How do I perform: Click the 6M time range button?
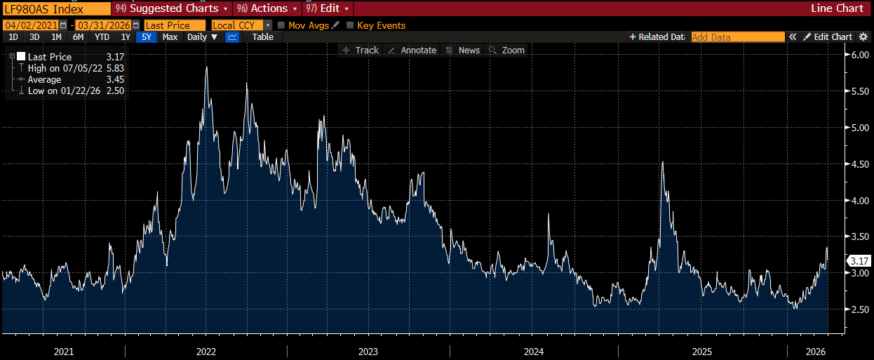[x=78, y=37]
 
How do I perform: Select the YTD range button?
[x=102, y=37]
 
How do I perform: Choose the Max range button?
[x=170, y=37]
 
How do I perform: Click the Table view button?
[x=262, y=37]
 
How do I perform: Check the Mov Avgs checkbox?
[x=281, y=25]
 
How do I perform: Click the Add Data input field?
[x=737, y=37]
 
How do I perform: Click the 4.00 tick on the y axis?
[x=859, y=201]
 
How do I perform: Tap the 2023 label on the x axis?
[x=368, y=351]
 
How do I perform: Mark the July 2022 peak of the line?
[x=206, y=67]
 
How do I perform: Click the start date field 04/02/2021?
[x=32, y=25]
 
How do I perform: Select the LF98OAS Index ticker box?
[x=56, y=8]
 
